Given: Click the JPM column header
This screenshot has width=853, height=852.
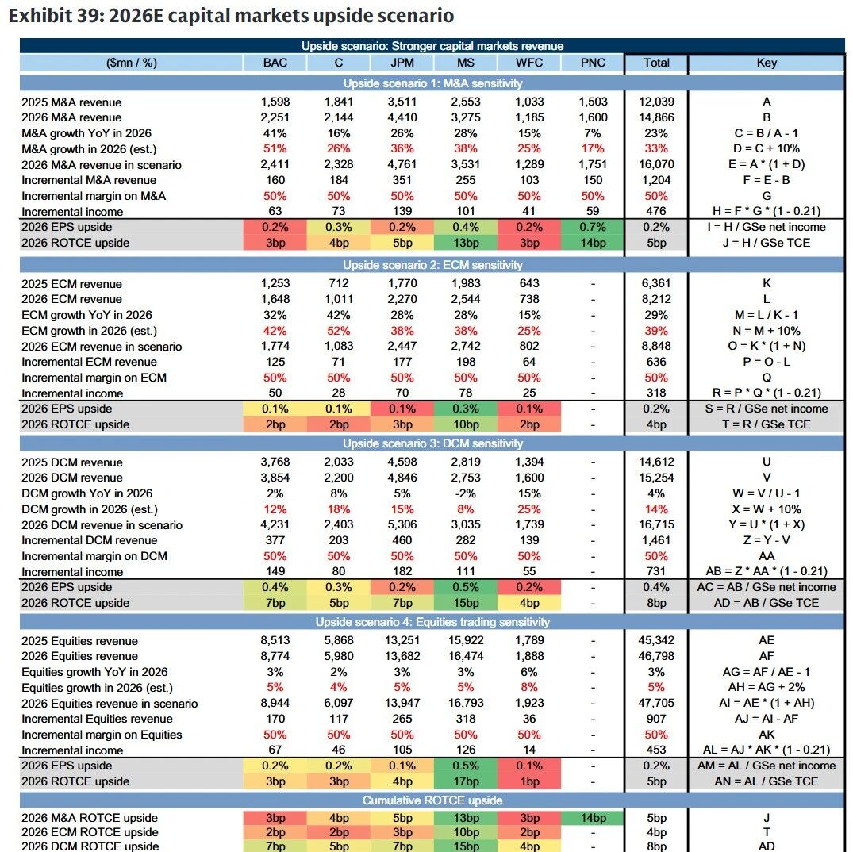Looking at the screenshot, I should (402, 63).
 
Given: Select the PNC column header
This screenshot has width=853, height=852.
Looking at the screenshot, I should (593, 63).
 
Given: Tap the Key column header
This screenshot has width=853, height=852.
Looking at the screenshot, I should (766, 63).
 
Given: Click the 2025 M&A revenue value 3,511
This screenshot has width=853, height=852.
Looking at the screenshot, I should (402, 102).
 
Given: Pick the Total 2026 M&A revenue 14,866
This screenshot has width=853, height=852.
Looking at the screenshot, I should (656, 117).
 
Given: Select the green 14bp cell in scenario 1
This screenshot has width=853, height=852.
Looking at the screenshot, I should (593, 243).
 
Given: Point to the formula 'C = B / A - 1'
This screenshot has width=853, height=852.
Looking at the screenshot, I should (766, 133).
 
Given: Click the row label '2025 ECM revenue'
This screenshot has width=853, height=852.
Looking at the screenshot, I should (71, 284).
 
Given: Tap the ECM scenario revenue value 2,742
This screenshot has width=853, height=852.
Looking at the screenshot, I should (466, 347).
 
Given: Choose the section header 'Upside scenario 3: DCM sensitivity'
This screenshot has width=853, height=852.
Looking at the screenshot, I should (432, 443).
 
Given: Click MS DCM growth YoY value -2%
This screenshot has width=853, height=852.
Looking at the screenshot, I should (466, 493).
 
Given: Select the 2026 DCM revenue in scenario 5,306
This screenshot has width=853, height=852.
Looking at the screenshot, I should (402, 525).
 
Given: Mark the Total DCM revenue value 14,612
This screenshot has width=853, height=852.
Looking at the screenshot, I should (656, 462).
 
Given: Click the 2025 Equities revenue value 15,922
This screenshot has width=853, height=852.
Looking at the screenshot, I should (466, 641).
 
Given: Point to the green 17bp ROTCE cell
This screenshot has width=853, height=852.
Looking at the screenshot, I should (466, 781).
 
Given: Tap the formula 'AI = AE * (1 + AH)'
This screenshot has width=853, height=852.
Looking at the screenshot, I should (766, 704).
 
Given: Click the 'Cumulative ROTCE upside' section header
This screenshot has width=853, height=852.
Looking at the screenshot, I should (432, 800).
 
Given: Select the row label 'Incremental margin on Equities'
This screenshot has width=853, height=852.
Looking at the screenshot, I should (102, 735).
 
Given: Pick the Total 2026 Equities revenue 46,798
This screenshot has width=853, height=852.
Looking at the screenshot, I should (656, 656).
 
